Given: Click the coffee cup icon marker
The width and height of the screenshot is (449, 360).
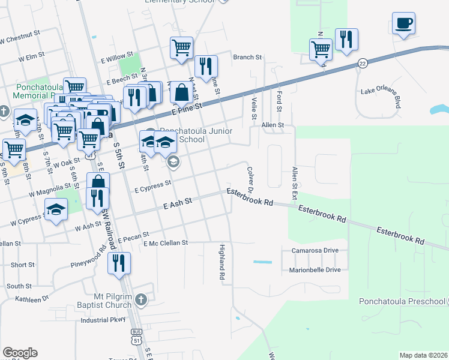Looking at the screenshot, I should (403, 23).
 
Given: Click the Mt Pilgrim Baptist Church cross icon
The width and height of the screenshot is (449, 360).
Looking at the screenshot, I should (140, 299).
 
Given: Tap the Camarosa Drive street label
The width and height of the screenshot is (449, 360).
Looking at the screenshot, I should (315, 250).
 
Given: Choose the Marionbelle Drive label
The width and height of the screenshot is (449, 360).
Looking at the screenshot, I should (316, 270).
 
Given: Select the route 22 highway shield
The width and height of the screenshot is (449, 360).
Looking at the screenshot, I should (362, 63).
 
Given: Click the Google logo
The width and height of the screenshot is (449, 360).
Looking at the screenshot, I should (20, 353).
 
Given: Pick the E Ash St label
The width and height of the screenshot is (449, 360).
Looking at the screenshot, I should (177, 205).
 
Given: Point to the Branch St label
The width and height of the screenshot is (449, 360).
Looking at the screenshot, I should (248, 58).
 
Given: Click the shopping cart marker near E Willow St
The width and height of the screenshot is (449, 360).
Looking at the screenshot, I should (181, 47).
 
